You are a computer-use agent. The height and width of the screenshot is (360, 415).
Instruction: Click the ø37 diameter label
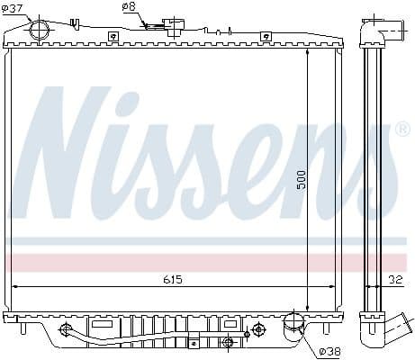coord(13,10)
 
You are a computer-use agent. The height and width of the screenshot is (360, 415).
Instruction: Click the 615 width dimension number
coord(173,280)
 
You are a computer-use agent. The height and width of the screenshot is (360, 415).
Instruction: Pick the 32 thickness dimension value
coord(395,280)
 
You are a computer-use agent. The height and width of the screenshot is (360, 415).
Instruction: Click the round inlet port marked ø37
coord(41,30)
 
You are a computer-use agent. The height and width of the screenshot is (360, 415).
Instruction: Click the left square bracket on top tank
coord(113,36)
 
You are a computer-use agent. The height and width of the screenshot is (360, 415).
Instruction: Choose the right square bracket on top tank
coord(265,36)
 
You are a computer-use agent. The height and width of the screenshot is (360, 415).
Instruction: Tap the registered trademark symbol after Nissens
coord(402,130)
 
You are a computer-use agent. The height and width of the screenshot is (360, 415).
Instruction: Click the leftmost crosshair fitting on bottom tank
coord(65,329)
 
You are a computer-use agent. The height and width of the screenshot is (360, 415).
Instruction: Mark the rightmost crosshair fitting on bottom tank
coord(258,328)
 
